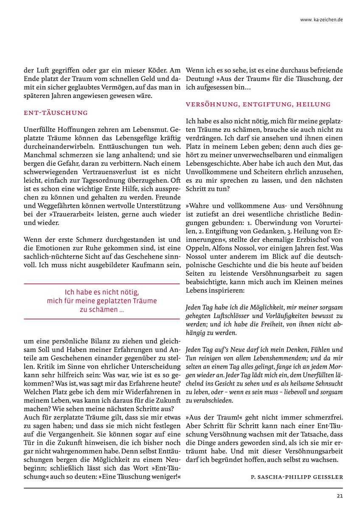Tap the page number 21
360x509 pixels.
point(340,495)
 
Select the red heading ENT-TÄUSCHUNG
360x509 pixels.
point(56,113)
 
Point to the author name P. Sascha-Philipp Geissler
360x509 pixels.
point(297,477)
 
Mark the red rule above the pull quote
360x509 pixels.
point(102,284)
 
